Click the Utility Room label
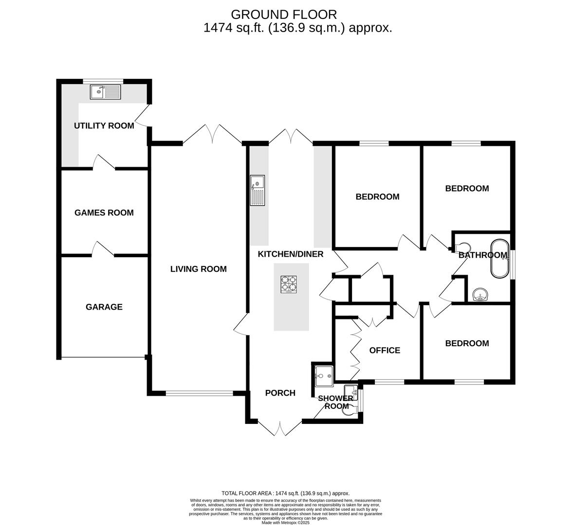[104, 126]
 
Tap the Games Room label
[104, 213]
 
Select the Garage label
[104, 307]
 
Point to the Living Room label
[199, 269]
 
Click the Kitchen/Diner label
[291, 254]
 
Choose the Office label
[385, 350]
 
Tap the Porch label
[280, 393]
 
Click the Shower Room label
[336, 402]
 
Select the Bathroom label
[483, 255]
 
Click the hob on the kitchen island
[289, 284]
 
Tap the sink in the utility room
[105, 92]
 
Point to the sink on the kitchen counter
[258, 191]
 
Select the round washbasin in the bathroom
[480, 295]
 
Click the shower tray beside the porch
[324, 376]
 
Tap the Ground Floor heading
[284, 15]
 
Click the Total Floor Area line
[285, 493]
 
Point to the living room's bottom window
[199, 393]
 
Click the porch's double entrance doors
[280, 428]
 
